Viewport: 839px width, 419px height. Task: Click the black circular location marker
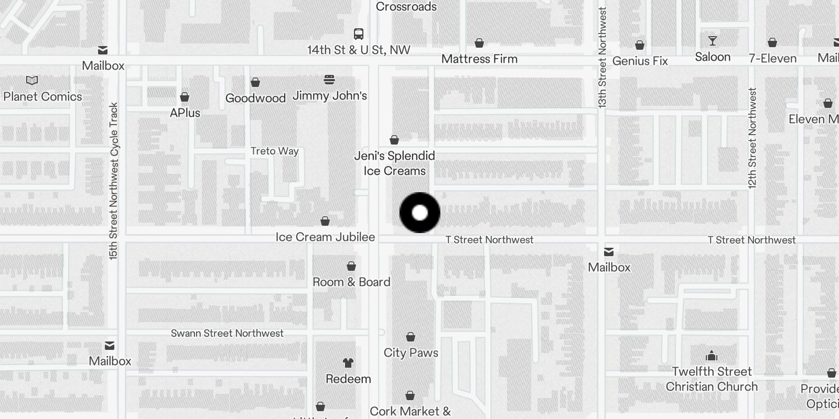419,213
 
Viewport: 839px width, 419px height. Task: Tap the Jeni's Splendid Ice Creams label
394,163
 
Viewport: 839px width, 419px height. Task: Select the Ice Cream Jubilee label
325,237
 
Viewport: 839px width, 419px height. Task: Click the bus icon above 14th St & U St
359,35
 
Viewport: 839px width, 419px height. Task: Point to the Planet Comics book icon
32,81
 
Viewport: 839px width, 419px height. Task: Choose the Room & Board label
351,282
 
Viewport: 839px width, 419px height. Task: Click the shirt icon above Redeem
348,362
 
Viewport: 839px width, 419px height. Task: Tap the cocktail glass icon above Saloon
713,41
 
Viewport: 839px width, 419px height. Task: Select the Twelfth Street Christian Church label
712,379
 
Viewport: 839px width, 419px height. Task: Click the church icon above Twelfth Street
712,356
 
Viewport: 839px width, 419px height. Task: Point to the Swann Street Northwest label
227,333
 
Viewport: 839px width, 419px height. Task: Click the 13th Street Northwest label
602,58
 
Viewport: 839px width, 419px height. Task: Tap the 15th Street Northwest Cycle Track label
113,181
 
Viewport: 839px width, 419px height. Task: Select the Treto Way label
275,151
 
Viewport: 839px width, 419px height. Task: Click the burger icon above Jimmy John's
329,80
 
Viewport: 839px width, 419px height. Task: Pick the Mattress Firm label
479,59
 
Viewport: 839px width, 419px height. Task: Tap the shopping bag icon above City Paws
411,337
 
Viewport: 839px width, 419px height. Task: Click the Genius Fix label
640,61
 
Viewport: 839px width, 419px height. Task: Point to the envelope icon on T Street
609,252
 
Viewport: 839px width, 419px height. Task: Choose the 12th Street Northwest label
752,138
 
